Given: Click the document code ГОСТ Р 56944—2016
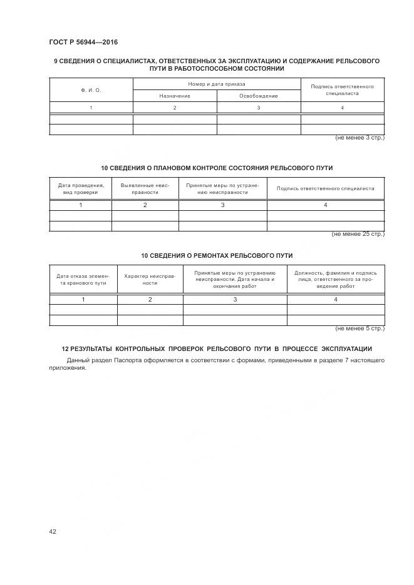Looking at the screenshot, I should (x=83, y=43).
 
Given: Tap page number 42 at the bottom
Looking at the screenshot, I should (x=53, y=531).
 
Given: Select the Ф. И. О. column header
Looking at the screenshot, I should (x=91, y=90).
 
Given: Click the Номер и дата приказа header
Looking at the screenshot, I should (x=217, y=84).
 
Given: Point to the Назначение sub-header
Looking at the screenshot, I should (x=175, y=96).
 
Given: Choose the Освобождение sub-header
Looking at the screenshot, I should (x=259, y=96).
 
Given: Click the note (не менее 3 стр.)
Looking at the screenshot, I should (x=360, y=137).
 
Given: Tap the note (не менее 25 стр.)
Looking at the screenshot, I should (x=358, y=233).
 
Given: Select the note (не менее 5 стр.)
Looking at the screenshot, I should (x=360, y=328).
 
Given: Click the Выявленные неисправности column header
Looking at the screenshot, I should (x=145, y=189).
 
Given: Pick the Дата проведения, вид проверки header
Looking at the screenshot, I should (x=81, y=189).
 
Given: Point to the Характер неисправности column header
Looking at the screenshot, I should (x=150, y=279).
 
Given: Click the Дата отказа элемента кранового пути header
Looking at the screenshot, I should (x=83, y=279).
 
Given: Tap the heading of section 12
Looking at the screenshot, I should (x=217, y=348).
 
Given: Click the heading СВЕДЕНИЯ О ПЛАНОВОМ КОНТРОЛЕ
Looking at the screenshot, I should (x=217, y=168).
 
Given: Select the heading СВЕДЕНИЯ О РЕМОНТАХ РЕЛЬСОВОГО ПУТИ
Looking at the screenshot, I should (x=217, y=256).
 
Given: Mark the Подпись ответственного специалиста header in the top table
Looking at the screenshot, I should (x=342, y=89).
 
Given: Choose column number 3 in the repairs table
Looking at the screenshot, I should (x=235, y=300).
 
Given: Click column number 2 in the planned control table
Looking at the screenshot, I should (x=145, y=205).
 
